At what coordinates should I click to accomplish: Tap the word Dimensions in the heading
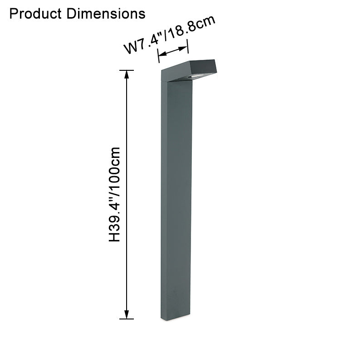click(106, 14)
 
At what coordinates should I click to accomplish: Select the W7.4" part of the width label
click(142, 44)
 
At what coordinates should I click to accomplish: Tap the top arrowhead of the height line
click(127, 74)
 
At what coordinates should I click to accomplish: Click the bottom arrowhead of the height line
click(127, 314)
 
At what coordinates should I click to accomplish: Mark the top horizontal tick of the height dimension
click(127, 70)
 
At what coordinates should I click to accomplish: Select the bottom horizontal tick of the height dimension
click(127, 319)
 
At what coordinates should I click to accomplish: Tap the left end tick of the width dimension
click(158, 57)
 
